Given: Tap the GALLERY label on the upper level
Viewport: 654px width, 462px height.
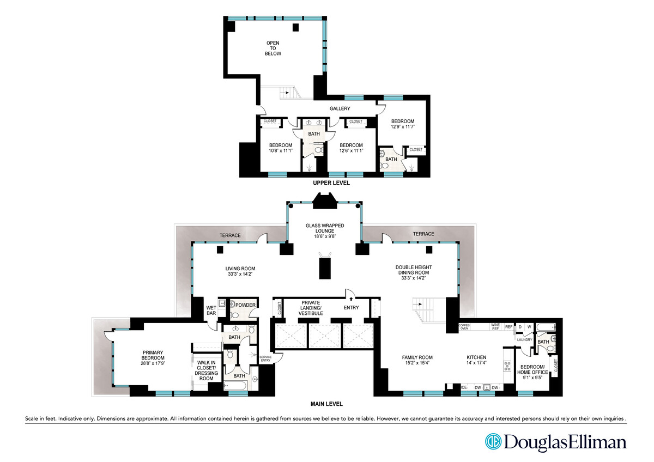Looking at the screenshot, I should tap(340, 108).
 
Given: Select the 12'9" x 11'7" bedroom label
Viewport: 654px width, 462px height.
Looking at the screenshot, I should tap(403, 124).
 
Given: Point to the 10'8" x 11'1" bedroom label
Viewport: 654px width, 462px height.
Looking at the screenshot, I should tap(280, 148).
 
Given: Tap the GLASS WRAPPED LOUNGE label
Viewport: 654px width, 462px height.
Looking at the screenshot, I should tap(324, 229).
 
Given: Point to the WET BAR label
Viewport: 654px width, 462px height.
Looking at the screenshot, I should tap(210, 311).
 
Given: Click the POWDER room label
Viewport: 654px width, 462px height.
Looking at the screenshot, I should tap(245, 305).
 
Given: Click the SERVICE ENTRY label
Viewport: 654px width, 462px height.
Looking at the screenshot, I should tap(266, 358).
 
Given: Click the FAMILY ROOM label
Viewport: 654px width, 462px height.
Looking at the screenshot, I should tap(417, 360).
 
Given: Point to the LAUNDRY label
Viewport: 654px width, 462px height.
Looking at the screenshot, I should tap(524, 339).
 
